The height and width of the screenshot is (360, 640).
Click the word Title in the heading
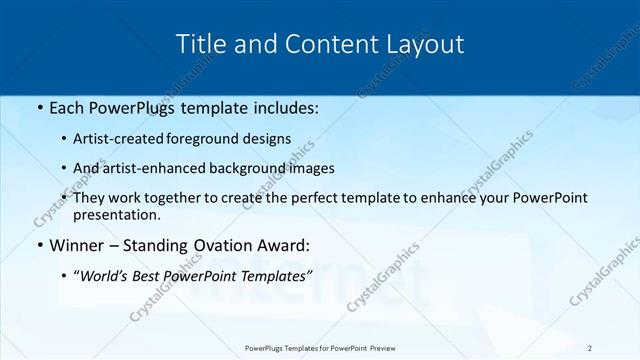point(200,44)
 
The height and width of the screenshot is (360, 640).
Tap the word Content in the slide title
point(325,44)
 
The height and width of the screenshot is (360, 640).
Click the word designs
point(270,139)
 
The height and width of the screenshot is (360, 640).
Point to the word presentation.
point(116,214)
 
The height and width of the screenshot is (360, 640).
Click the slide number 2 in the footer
point(590,348)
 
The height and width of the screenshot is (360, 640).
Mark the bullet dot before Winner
point(39,246)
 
